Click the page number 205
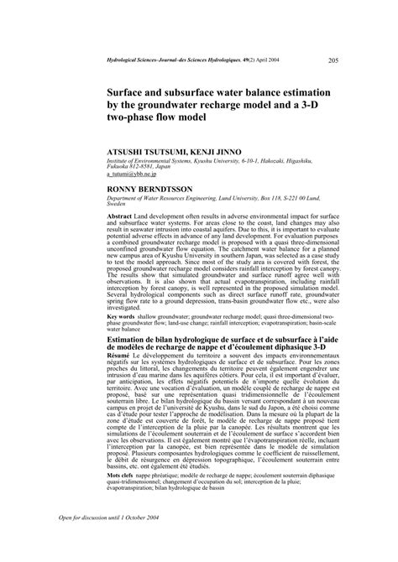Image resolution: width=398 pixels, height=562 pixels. pyautogui.click(x=333, y=60)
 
